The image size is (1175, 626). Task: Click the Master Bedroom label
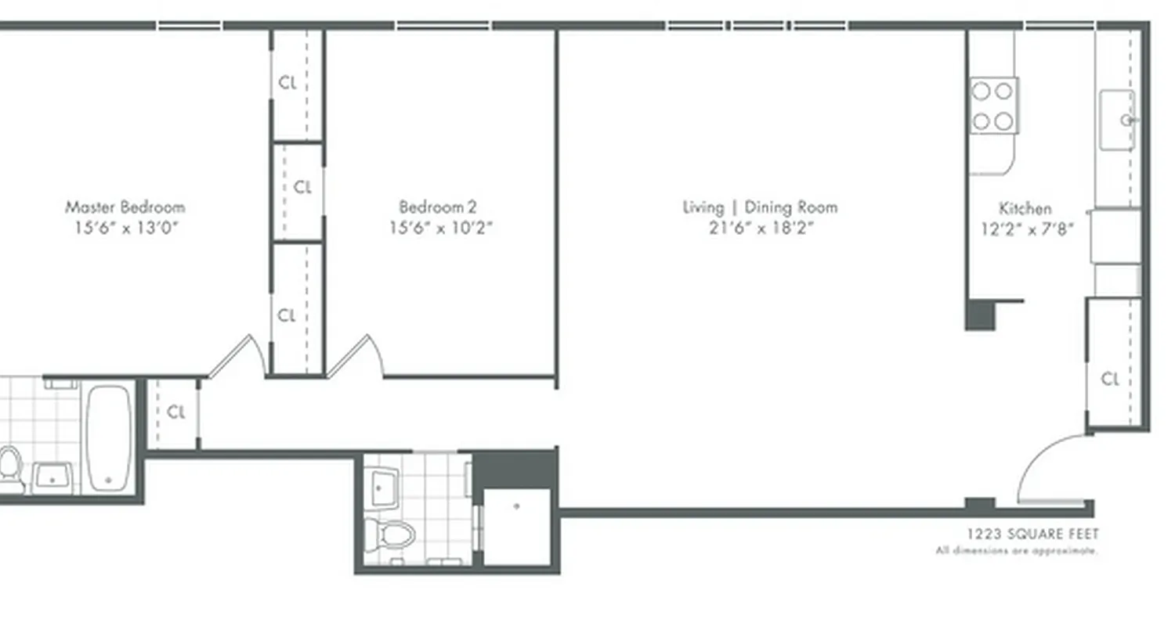coord(125,207)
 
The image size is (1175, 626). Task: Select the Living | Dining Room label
coord(760,207)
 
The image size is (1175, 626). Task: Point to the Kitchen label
coord(1025,208)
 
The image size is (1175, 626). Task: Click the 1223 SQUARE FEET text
coord(1032,534)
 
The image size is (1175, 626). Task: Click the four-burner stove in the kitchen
coord(993,106)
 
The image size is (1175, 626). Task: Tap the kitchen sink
coord(1117,120)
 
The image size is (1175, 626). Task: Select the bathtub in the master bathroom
coord(107,438)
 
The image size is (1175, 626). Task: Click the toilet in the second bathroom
coord(389,535)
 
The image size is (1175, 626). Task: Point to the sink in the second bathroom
coord(383,487)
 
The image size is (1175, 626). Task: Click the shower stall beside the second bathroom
coord(516,526)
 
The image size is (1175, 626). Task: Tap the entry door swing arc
coord(1046,466)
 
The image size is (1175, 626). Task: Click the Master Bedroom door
coord(235,356)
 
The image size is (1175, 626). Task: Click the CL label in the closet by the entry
coord(1110,380)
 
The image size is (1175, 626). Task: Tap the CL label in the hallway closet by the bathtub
coord(177,412)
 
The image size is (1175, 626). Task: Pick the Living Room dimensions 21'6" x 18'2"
coord(760,228)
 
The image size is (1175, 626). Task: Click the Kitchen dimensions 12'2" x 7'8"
coord(1026,229)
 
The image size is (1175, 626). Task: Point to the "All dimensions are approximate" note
coord(1017,551)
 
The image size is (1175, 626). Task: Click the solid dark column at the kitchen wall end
coord(980,315)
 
